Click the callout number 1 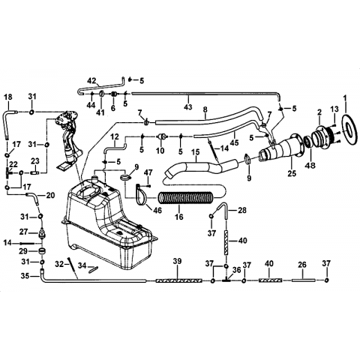[345, 99]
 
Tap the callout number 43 [188, 106]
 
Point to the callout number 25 [292, 173]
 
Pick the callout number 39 [177, 261]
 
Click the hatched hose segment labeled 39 [178, 280]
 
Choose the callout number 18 [8, 97]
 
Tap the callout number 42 [91, 81]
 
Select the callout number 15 [196, 152]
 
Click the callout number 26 [302, 265]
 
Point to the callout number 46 [157, 210]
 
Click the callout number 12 [115, 137]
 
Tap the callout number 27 [24, 232]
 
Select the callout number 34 [82, 265]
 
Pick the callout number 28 [242, 210]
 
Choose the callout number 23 [35, 161]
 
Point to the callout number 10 [160, 151]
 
